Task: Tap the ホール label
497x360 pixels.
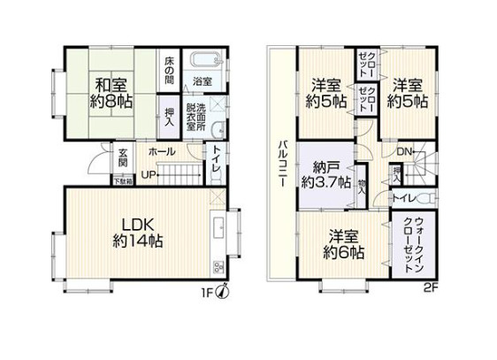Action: [162, 153]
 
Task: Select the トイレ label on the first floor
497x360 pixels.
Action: [216, 165]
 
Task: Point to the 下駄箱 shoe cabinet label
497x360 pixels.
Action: [124, 182]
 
